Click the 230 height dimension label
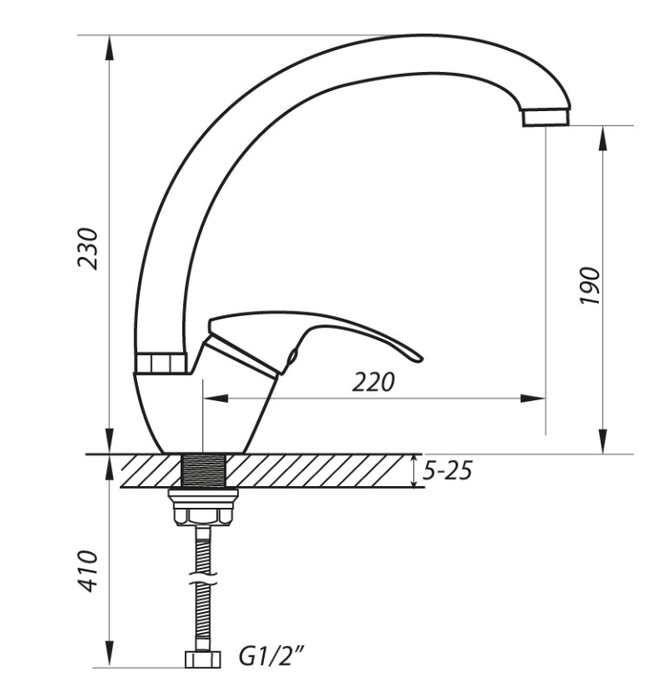(x=87, y=248)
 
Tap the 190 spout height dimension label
(x=589, y=285)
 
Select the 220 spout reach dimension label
(x=373, y=382)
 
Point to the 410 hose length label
(x=87, y=570)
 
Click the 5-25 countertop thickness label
(x=447, y=471)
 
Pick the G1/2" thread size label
(x=272, y=656)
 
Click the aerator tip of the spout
(x=546, y=117)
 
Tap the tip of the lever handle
(x=418, y=358)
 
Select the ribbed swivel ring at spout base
(x=160, y=363)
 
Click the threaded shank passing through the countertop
(x=203, y=471)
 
